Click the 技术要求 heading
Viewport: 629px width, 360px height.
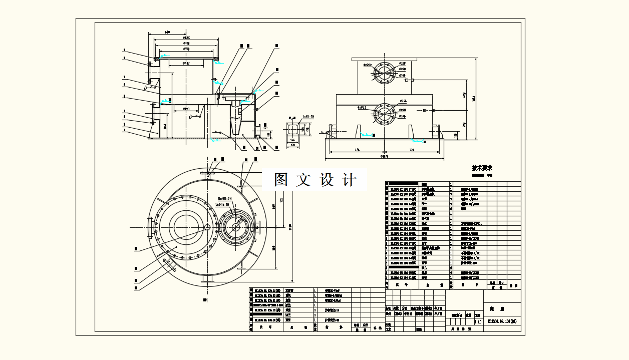tap(482, 168)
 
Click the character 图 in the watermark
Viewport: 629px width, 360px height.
tap(281, 180)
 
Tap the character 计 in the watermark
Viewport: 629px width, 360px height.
tap(350, 180)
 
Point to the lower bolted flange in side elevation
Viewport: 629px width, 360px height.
tap(384, 114)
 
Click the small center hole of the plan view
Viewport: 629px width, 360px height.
tap(207, 227)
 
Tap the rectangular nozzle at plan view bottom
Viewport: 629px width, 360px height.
tap(207, 279)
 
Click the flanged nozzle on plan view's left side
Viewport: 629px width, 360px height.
tap(149, 227)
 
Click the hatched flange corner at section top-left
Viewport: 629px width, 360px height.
tap(157, 60)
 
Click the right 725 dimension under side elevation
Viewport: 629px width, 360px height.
tap(412, 150)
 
